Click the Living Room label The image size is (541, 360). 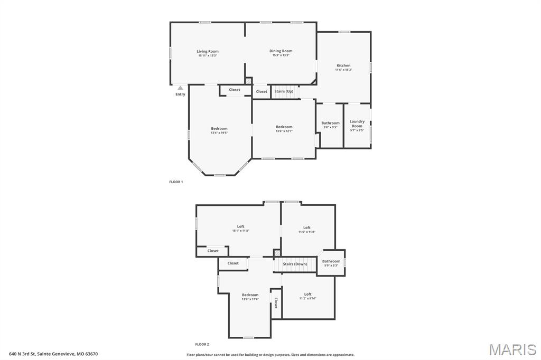click(208, 51)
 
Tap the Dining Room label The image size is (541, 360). click(281, 51)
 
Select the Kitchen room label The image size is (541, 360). click(343, 65)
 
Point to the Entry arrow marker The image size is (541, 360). click(180, 88)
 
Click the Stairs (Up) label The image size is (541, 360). click(284, 91)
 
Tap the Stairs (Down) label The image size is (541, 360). click(295, 264)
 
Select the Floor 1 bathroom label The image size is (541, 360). click(331, 123)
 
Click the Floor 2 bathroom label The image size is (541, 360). click(331, 261)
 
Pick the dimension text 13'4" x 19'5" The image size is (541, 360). click(219, 133)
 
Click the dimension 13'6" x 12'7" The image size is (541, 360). click(284, 131)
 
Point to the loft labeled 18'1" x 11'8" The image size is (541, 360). click(240, 226)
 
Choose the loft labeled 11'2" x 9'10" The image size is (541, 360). click(307, 294)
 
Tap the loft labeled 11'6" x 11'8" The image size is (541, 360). click(306, 228)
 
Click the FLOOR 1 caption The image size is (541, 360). click(176, 182)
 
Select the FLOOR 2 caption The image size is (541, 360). click(202, 344)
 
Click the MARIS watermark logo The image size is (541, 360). click(512, 349)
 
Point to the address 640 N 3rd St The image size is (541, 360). click(53, 354)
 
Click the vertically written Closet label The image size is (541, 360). click(276, 303)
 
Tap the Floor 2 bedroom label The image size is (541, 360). click(250, 295)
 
